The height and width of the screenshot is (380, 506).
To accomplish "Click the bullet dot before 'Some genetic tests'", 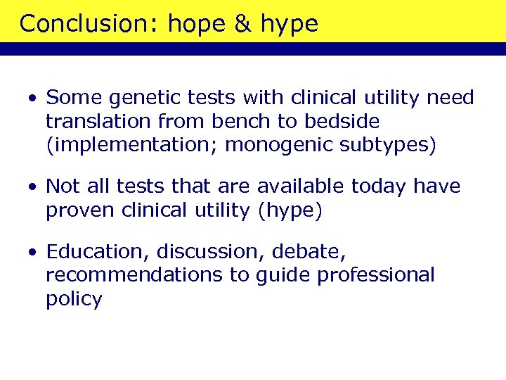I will pyautogui.click(x=32, y=98).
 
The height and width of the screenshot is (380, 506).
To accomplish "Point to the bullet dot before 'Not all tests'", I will pyautogui.click(x=32, y=187).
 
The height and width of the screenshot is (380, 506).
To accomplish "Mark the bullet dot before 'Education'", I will pyautogui.click(x=32, y=251).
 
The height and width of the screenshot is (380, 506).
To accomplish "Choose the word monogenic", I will pyautogui.click(x=276, y=145).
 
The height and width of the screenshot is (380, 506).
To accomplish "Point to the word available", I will pyautogui.click(x=298, y=186).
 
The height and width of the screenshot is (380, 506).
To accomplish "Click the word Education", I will pyautogui.click(x=98, y=251).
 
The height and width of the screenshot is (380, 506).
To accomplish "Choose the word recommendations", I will pyautogui.click(x=134, y=274).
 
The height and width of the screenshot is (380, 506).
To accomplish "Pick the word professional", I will pyautogui.click(x=376, y=274).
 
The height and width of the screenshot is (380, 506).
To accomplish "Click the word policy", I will pyautogui.click(x=74, y=299).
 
